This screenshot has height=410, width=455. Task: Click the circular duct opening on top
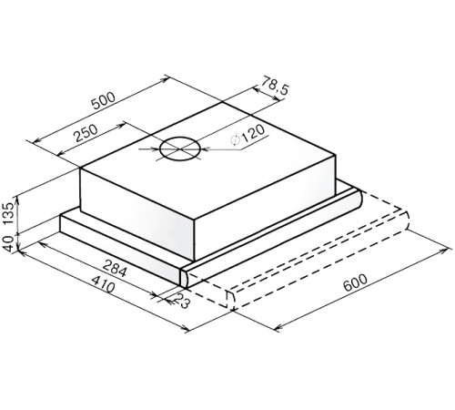point(177,150)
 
